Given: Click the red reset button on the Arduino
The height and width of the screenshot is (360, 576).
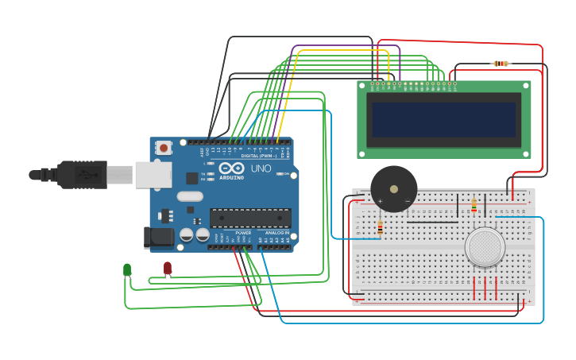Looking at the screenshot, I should [x=164, y=147].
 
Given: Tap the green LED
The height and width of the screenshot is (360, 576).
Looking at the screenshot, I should [x=127, y=270].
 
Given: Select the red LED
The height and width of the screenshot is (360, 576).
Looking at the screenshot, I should [x=168, y=269].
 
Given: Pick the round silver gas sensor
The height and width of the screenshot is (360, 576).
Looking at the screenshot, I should [x=485, y=246].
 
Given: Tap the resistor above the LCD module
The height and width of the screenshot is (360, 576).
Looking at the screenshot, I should [x=501, y=64].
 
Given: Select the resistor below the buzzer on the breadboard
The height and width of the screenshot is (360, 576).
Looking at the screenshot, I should [x=380, y=228].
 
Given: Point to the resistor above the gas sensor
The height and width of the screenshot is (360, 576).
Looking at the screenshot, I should [x=474, y=206].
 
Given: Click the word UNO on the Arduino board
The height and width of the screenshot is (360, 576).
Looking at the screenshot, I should [x=261, y=169].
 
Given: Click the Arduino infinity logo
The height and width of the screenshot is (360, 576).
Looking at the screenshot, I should [x=232, y=169].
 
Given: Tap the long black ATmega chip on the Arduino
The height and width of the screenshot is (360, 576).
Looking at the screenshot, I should [x=250, y=217].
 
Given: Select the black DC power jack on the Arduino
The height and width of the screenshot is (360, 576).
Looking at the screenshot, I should [x=158, y=237].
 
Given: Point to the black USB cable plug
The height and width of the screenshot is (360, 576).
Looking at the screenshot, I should [x=79, y=174].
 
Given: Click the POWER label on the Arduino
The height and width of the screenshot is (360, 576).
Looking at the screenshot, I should [x=243, y=233].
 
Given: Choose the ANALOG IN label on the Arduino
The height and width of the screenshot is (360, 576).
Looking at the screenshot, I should [x=276, y=233].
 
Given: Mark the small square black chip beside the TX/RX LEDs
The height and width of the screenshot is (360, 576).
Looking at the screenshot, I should [x=191, y=179].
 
